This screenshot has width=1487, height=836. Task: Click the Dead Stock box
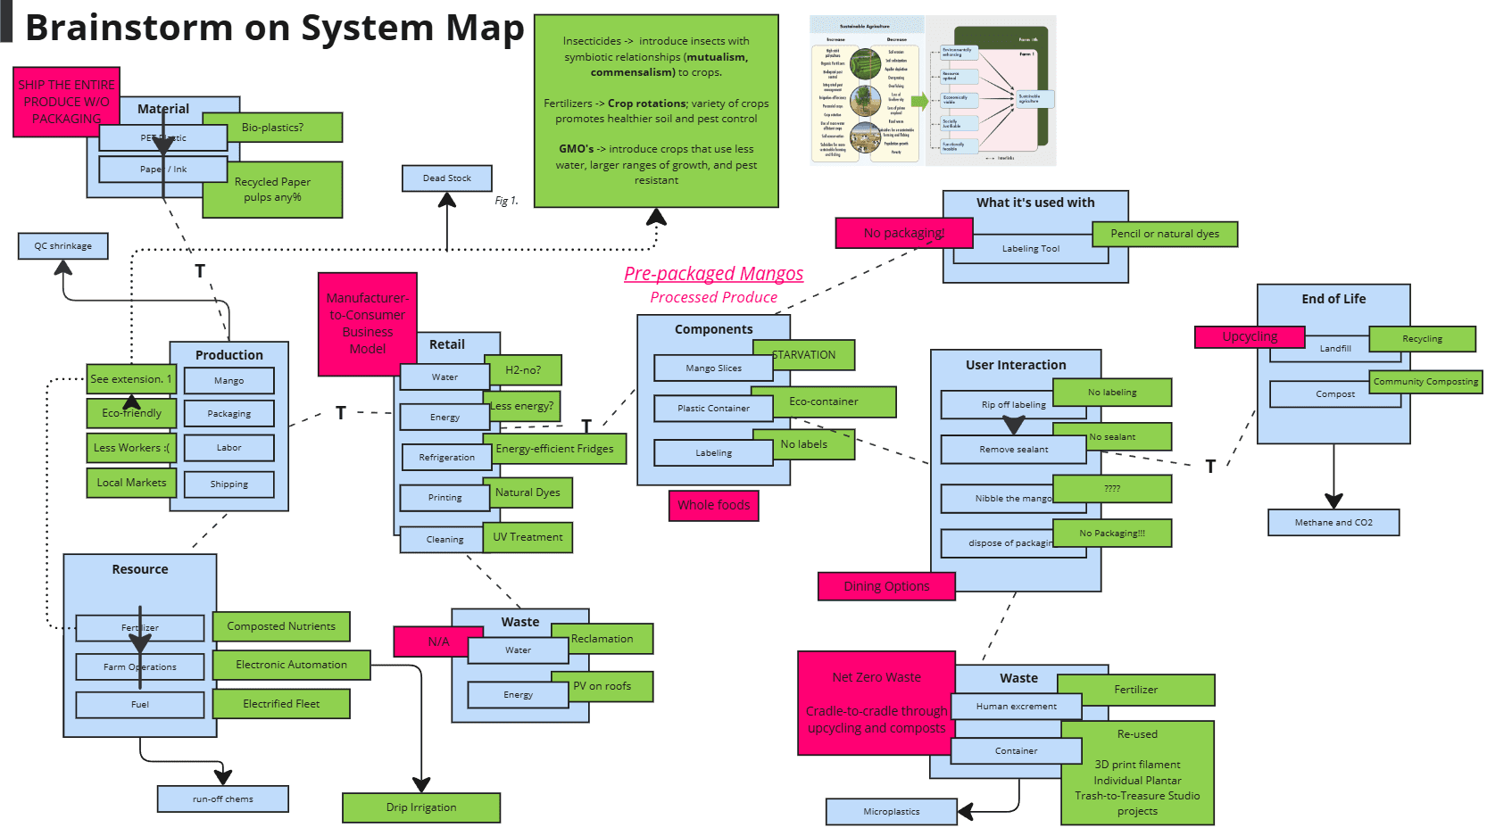pos(446,178)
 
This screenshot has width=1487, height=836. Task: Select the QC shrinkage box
pos(62,246)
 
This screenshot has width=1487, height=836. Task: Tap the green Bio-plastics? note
pos(272,128)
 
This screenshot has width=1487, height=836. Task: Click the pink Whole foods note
pos(713,505)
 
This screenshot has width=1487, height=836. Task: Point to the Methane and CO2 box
pos(1333,522)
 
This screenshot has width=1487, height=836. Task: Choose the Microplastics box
pos(891,811)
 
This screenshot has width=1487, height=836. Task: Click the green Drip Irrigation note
pos(420,807)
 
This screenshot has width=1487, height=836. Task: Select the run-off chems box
pos(222,799)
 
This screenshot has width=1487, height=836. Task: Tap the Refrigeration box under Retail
pos(446,458)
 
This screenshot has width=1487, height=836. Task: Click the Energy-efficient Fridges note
pos(555,449)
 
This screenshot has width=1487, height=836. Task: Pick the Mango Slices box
pos(713,368)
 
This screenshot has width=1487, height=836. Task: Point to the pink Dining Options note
pos(886,586)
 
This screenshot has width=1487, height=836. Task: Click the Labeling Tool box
pos(1030,249)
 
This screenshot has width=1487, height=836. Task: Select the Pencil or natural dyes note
pos(1165,234)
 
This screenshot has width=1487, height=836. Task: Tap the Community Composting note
pos(1425,382)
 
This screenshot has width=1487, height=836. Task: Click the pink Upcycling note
pos(1250,336)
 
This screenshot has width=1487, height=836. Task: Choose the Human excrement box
pos(1016,706)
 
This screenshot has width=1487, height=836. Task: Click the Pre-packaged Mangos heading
pos(713,274)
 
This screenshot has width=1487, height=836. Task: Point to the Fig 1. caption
pos(506,201)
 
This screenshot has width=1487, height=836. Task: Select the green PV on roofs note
pos(602,686)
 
